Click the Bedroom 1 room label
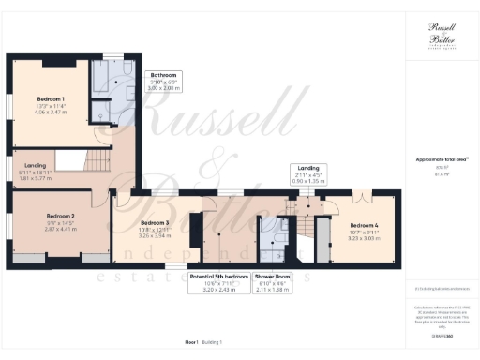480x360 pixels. tap(51, 98)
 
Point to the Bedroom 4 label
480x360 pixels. tap(365, 225)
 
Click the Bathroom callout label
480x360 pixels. tap(164, 74)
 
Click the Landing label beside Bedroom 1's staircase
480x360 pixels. tap(22, 165)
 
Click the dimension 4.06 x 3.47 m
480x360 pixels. tap(51, 112)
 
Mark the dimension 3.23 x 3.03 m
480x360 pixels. tap(365, 238)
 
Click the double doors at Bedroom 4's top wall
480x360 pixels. tap(363, 196)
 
